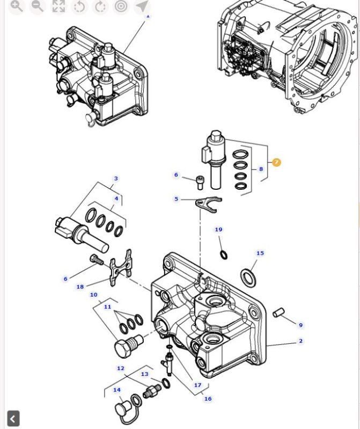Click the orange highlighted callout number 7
click(276, 162)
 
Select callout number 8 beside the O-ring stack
click(261, 169)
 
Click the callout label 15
click(260, 253)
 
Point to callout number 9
click(300, 325)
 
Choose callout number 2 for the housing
click(300, 341)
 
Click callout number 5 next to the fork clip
click(176, 199)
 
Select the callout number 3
click(115, 179)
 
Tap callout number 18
click(80, 287)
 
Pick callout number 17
click(197, 385)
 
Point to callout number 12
click(121, 368)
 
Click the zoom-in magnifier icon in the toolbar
click(17, 6)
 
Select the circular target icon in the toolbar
click(121, 6)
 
